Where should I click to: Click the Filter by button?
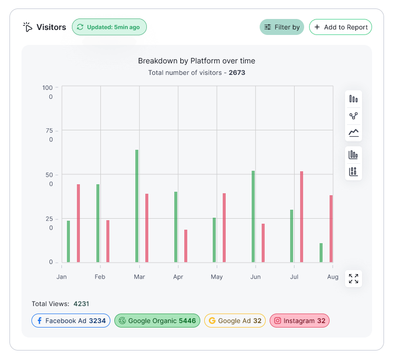point(282,27)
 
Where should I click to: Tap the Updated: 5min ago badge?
point(109,27)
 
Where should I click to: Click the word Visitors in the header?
point(51,27)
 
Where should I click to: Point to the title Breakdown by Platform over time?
point(196,61)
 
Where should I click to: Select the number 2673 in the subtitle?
point(237,72)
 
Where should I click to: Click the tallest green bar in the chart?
point(137,206)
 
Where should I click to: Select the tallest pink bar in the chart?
point(302,217)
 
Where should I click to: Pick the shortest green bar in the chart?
point(321,253)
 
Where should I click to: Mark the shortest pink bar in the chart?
point(186,246)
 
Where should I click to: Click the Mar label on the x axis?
point(139,277)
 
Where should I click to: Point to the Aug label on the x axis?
point(333,277)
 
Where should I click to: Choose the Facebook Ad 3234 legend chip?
point(71,321)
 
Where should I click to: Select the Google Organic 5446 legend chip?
point(157,321)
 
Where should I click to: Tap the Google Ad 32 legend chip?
point(235,321)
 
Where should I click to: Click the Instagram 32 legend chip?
point(300,321)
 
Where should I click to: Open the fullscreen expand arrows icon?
point(354,279)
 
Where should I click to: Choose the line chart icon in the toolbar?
point(354,133)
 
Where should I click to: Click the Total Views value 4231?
point(81,304)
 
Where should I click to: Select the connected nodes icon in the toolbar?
point(354,116)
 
